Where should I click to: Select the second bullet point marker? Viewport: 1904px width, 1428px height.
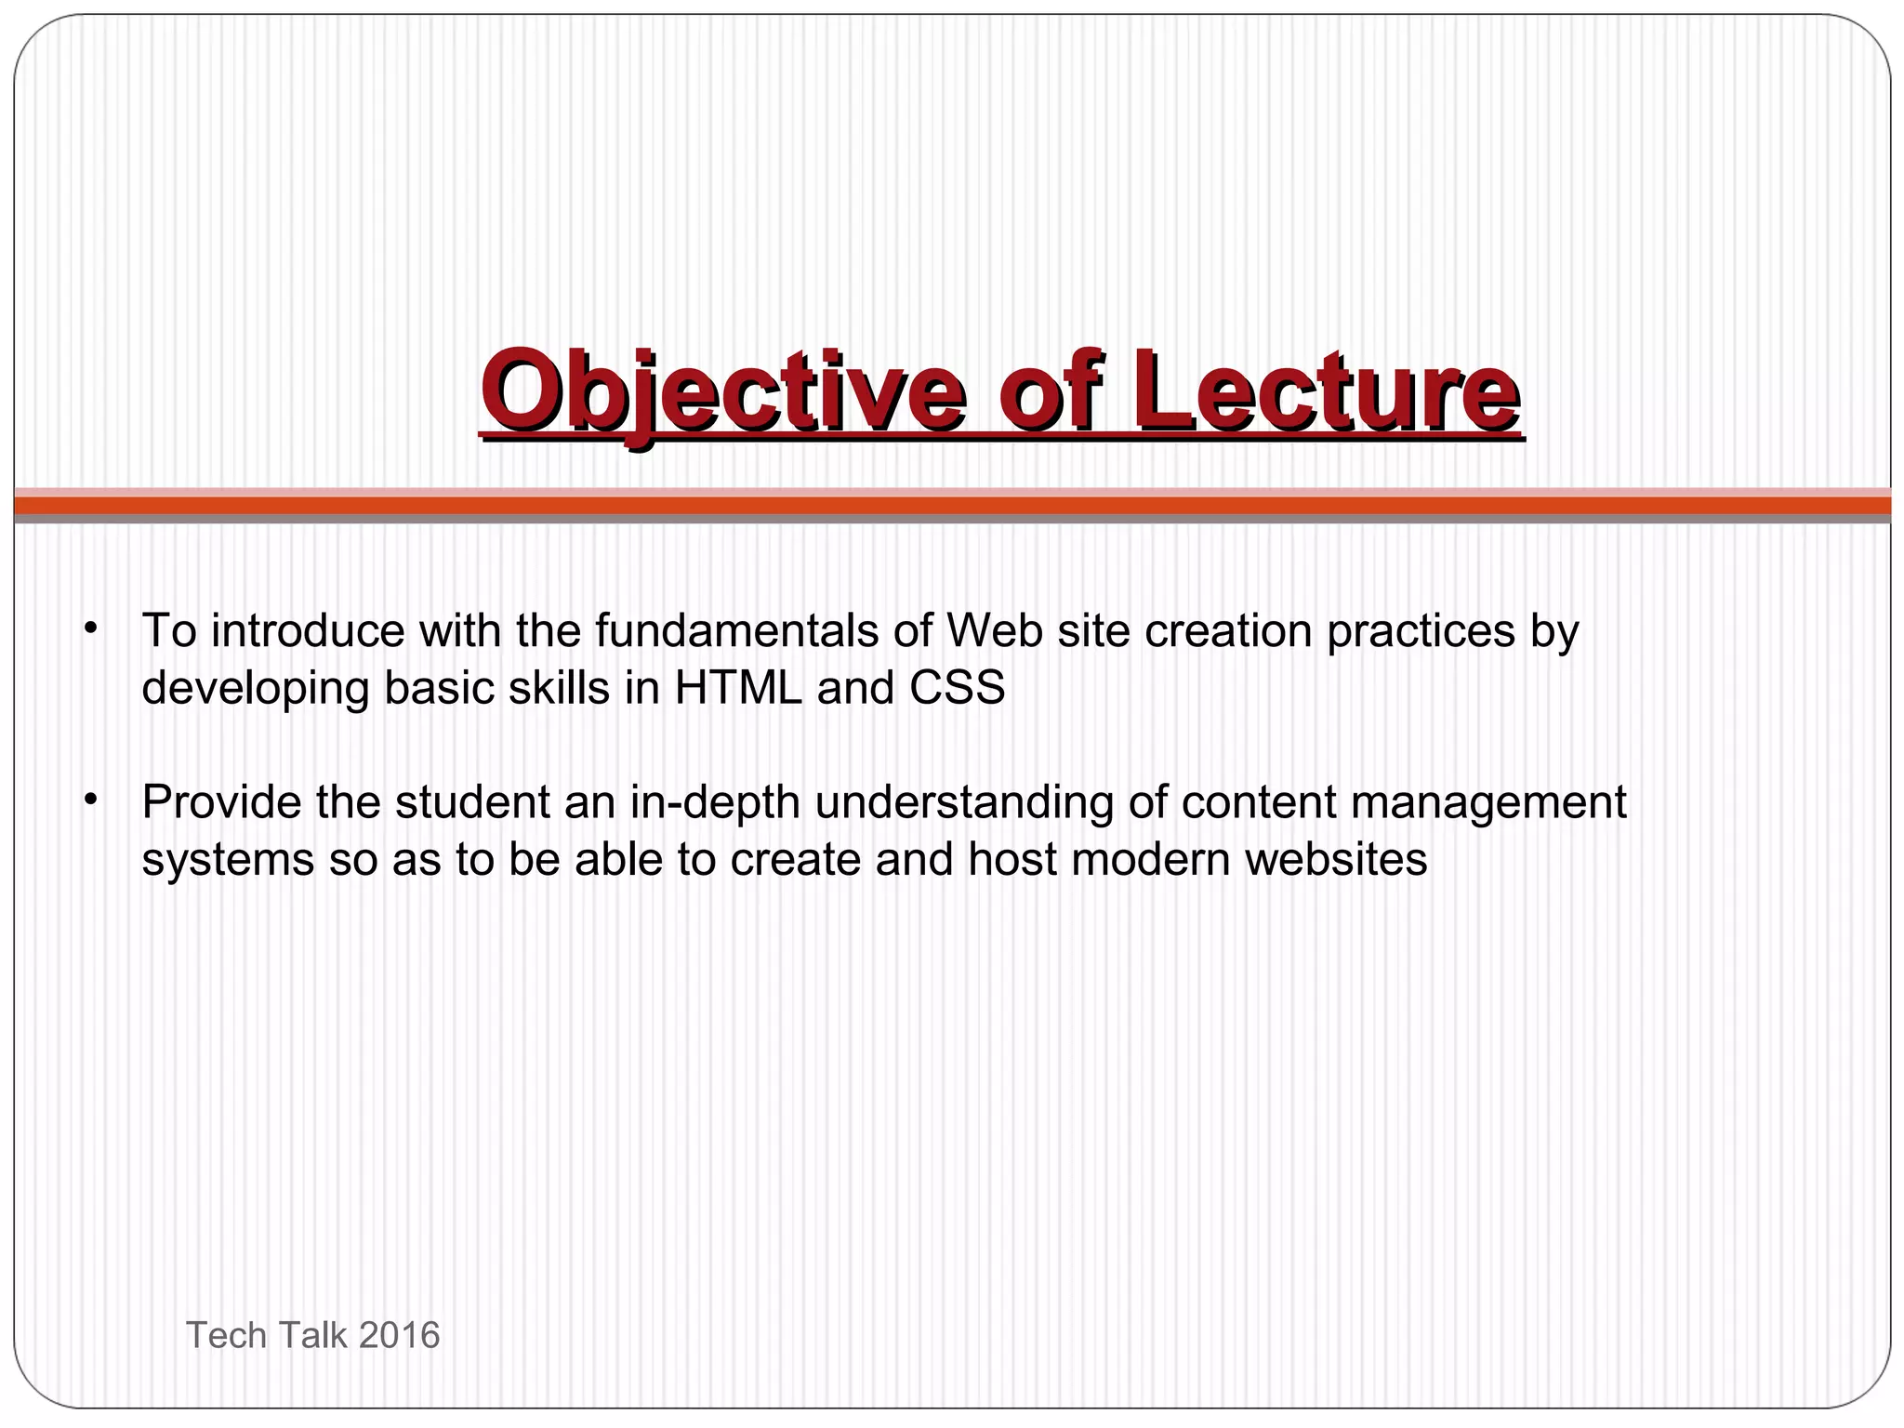point(89,800)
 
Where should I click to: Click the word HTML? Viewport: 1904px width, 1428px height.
point(737,688)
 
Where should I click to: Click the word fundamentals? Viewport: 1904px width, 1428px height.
point(736,630)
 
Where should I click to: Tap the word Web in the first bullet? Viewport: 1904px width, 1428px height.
point(990,630)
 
